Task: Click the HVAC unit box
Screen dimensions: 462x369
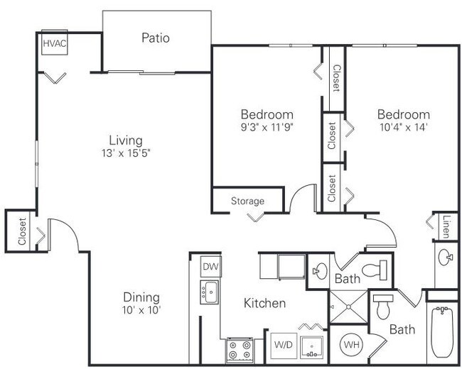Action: click(55, 43)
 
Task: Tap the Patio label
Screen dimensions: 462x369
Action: click(156, 38)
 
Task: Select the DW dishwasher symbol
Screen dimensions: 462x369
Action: click(210, 266)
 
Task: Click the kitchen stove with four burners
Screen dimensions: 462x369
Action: click(240, 350)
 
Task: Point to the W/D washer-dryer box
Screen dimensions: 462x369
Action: click(283, 345)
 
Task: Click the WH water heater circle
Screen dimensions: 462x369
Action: click(352, 344)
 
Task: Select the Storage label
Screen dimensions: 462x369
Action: click(247, 201)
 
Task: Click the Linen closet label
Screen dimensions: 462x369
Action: click(446, 227)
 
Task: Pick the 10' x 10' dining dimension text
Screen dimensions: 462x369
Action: click(141, 310)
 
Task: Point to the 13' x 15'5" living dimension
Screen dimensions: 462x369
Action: click(126, 153)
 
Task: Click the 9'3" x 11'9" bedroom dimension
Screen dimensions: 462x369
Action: click(267, 127)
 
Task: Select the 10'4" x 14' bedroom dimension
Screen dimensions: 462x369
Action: click(404, 127)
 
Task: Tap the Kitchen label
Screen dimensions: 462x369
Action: click(264, 303)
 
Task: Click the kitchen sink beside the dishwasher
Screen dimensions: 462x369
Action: click(210, 292)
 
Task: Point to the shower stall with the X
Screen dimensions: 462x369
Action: click(348, 307)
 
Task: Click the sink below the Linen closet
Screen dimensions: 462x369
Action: click(445, 257)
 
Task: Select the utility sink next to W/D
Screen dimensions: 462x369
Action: click(312, 348)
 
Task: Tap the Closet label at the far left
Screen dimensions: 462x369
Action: click(22, 231)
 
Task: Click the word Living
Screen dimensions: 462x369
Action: click(126, 141)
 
